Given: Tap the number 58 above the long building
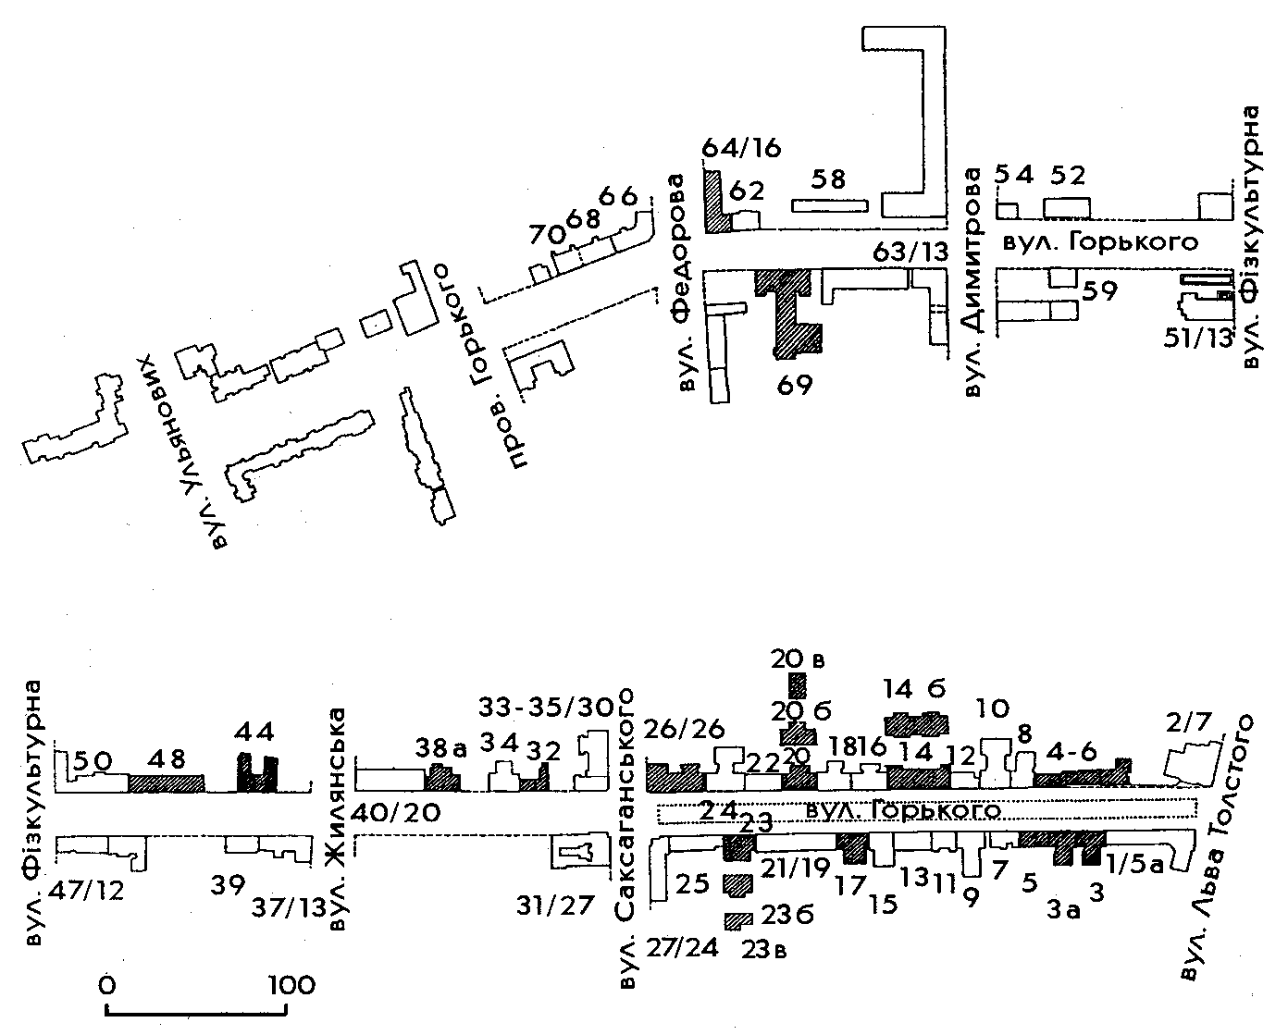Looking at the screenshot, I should [829, 179].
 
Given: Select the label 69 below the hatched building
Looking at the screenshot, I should [795, 384].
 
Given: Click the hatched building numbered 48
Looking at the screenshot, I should [166, 782].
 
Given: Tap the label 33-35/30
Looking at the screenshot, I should [547, 708].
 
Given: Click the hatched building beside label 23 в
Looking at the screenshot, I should [737, 920].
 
